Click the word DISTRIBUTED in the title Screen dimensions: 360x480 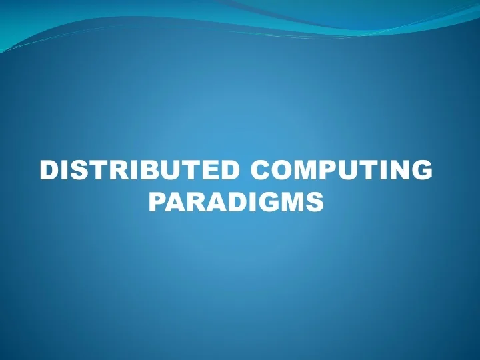136,171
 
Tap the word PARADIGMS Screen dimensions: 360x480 236,201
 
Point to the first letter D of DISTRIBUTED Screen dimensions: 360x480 49,171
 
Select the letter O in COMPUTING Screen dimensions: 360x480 283,171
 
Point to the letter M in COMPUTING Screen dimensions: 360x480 309,171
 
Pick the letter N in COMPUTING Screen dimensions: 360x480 398,171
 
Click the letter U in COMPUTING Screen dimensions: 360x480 353,171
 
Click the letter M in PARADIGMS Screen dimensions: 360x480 293,201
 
